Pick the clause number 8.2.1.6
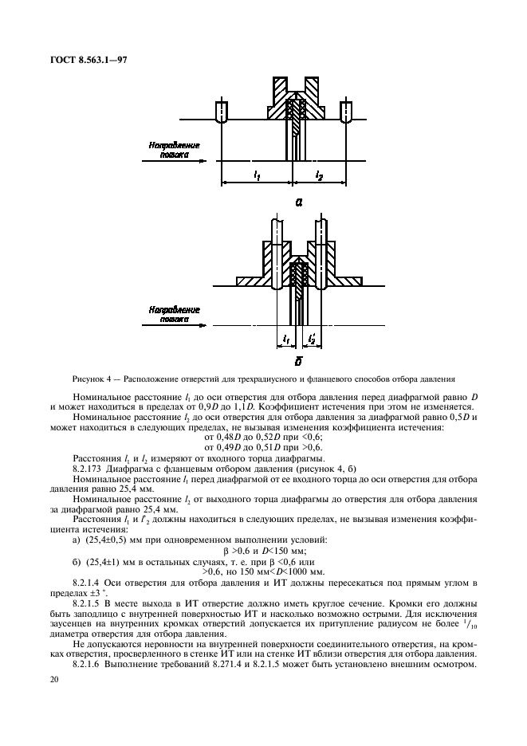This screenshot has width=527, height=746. [88, 663]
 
